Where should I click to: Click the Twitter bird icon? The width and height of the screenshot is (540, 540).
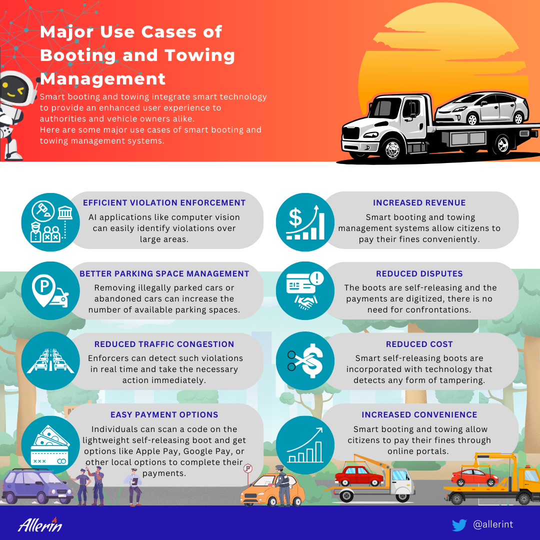click(459, 525)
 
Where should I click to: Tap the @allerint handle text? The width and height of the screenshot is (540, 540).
click(493, 524)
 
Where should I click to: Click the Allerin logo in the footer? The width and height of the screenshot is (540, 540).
click(40, 525)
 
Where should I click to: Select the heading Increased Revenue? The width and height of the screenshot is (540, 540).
click(419, 202)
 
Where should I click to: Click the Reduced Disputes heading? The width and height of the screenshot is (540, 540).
click(419, 273)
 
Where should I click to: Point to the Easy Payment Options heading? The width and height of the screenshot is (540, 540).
click(164, 414)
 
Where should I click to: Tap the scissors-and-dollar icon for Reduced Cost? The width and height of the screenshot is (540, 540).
click(305, 361)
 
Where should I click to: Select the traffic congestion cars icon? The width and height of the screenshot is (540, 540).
click(50, 360)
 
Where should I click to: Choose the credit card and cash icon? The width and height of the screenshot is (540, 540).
click(50, 445)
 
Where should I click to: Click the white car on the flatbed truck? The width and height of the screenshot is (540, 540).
click(481, 108)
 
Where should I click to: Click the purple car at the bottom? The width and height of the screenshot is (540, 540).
click(36, 486)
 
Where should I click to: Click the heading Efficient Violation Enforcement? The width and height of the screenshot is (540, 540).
click(164, 202)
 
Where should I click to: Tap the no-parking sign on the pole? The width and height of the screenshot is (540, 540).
click(248, 468)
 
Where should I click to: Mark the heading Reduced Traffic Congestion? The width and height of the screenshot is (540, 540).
click(164, 344)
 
